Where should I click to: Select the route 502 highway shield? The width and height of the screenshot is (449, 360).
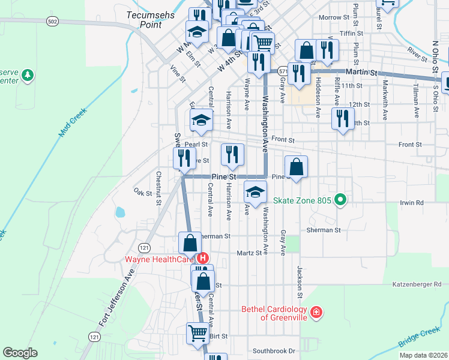coord(52,21)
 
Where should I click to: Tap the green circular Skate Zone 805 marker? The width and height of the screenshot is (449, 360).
coord(340,200)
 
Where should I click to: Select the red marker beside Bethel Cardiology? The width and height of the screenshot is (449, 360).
coord(316,313)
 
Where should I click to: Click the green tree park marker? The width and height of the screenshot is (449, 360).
coord(27,76)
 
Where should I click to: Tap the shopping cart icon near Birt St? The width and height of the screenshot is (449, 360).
coord(197,332)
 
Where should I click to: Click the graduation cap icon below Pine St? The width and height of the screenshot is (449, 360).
coord(256,193)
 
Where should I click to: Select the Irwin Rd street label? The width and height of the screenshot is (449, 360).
coord(411,203)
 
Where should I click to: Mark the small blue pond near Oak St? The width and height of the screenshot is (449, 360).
coord(120,212)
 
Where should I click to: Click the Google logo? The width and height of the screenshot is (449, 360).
coord(20,353)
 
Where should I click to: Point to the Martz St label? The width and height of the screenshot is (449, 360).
coord(250,253)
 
